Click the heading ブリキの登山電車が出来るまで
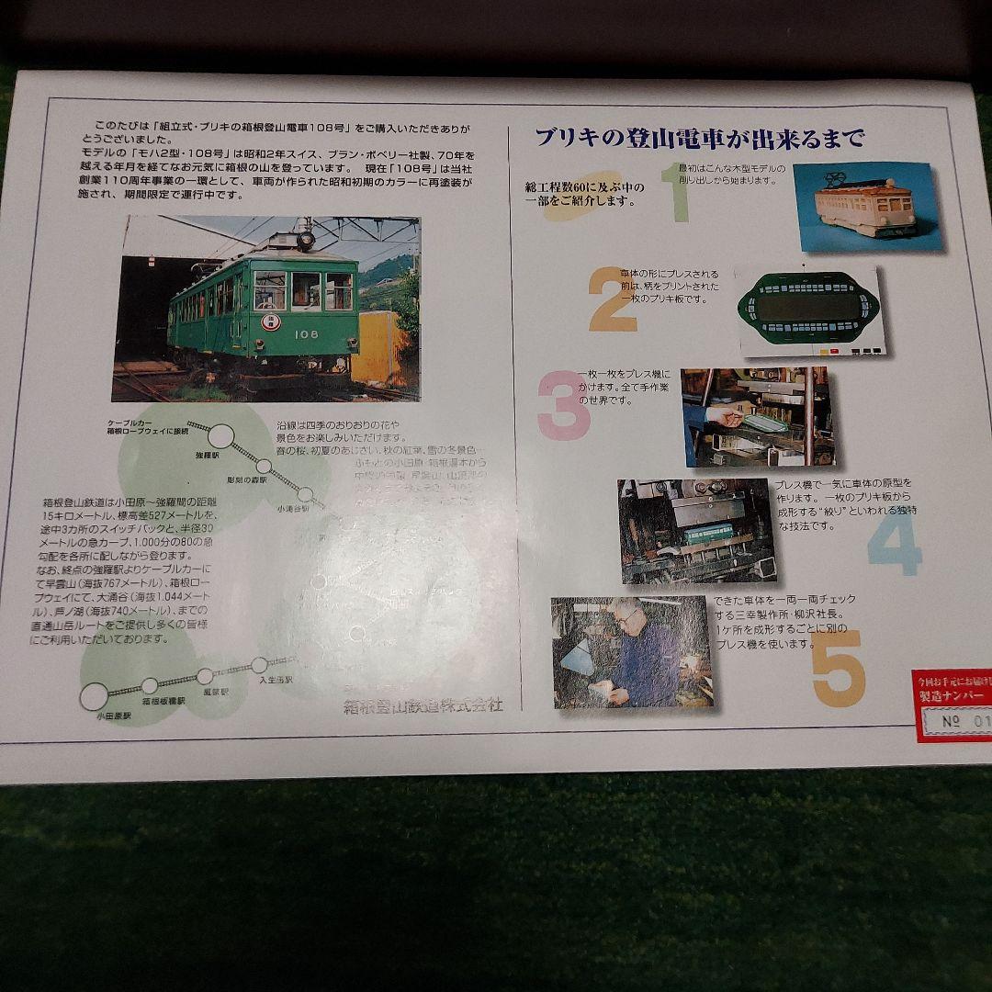(x=700, y=140)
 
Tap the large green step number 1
(x=678, y=193)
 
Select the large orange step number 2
(x=613, y=299)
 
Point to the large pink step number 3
(x=563, y=404)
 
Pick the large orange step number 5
(x=837, y=668)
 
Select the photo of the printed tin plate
(x=809, y=310)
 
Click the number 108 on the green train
(x=307, y=334)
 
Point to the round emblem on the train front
(x=272, y=321)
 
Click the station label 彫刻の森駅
(x=249, y=479)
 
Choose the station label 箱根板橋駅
(x=163, y=701)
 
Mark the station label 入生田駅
(x=276, y=680)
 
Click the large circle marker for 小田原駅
(x=95, y=696)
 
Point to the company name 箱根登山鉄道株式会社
(x=423, y=705)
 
